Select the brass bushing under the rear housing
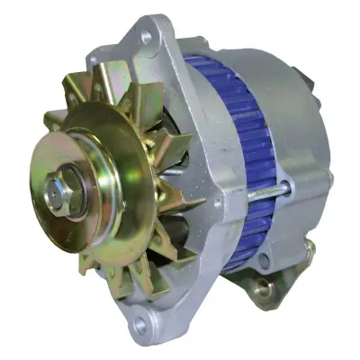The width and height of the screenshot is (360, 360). (262, 290)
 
